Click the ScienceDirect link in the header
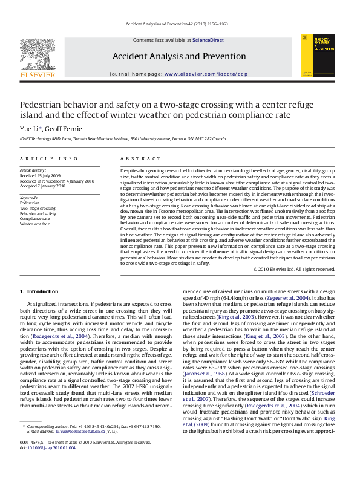(x=208, y=40)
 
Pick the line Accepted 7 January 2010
(x=43, y=186)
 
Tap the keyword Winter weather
(x=34, y=223)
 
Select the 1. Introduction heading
(x=39, y=291)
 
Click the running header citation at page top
(x=176, y=24)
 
